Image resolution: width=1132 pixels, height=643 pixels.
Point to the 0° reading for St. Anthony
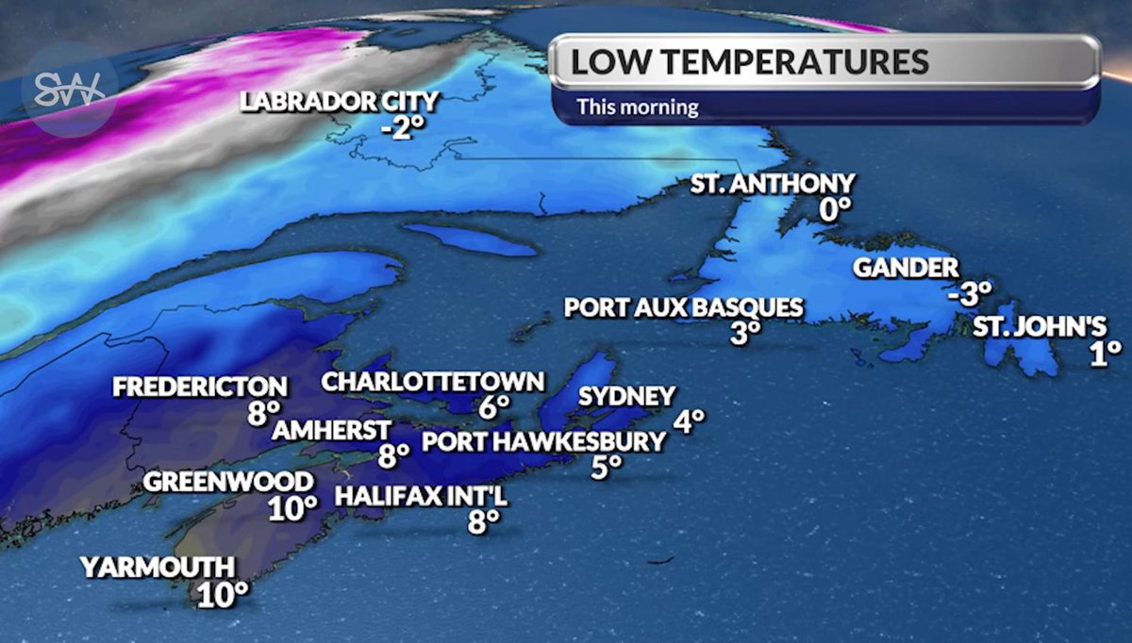pyautogui.click(x=834, y=209)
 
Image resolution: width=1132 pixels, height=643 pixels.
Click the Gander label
pyautogui.click(x=906, y=268)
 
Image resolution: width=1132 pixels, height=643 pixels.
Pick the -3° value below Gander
pyautogui.click(x=970, y=293)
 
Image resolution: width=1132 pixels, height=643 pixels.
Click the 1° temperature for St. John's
pyautogui.click(x=1100, y=353)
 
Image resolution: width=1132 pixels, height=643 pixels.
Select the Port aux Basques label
pyautogui.click(x=684, y=307)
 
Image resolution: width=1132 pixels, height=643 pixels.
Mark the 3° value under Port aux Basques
pyautogui.click(x=743, y=333)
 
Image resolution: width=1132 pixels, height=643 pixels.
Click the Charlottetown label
pyautogui.click(x=433, y=382)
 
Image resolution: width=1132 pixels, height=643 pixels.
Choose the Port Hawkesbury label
pyautogui.click(x=543, y=440)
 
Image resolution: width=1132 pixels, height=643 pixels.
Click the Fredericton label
pyautogui.click(x=199, y=387)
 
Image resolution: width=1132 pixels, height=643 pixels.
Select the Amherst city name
pyautogui.click(x=331, y=430)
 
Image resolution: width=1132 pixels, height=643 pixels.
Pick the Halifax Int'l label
pyautogui.click(x=422, y=495)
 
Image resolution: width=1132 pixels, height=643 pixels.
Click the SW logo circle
pyautogui.click(x=69, y=91)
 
